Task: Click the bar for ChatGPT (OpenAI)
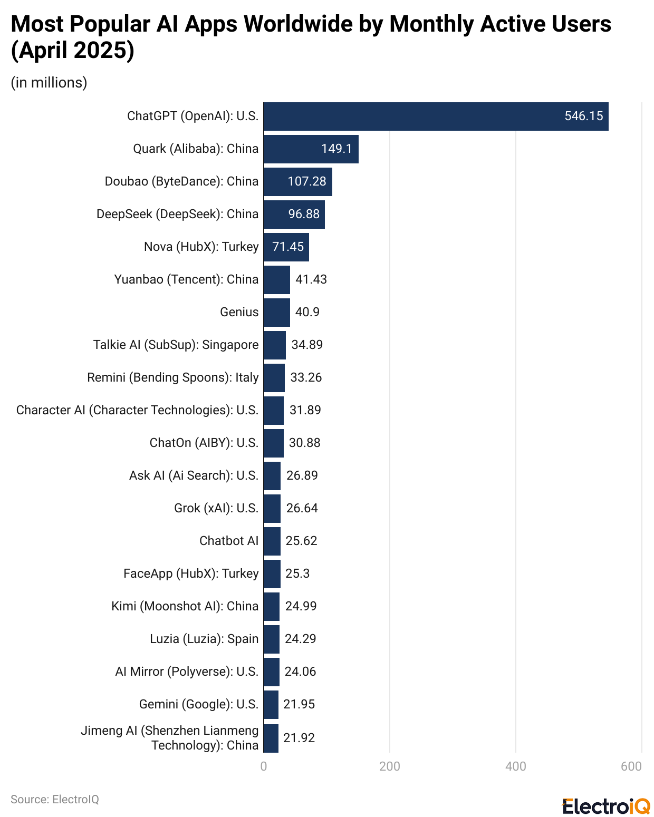point(436,116)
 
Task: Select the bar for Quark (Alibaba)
point(311,149)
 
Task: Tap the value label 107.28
point(306,182)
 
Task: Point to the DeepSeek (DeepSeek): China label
point(177,215)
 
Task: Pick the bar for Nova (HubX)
point(286,247)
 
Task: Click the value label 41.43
point(311,280)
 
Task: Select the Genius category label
point(239,313)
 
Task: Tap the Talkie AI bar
point(274,345)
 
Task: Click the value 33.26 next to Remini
point(306,378)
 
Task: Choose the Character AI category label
point(137,411)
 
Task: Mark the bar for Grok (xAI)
point(272,509)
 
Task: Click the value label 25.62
point(301,541)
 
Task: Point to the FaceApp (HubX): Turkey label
point(191,574)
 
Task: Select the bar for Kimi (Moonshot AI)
point(271,607)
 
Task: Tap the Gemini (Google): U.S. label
point(198,705)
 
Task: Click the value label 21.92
point(299,738)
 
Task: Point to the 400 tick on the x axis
point(515,766)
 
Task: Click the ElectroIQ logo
point(606,806)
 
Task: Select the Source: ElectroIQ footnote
point(55,800)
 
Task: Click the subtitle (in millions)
point(49,83)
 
